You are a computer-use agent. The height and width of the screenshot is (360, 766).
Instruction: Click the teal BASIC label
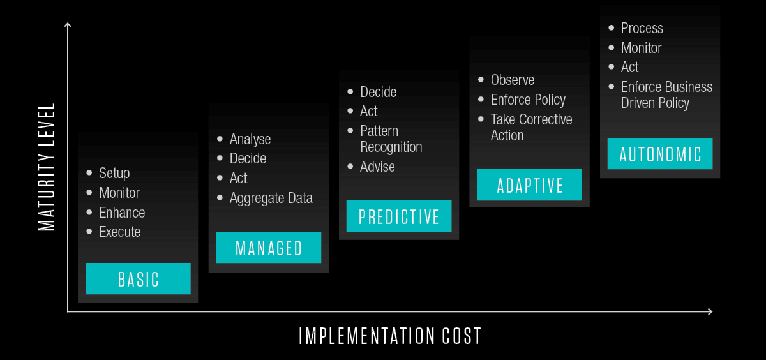[138, 279]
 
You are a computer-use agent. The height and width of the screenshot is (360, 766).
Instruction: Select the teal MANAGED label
[269, 248]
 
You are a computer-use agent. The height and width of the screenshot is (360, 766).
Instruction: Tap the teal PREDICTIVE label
[399, 216]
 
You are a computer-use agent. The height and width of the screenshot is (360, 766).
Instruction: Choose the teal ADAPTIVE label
[529, 185]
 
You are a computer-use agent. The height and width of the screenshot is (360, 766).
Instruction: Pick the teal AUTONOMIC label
[660, 153]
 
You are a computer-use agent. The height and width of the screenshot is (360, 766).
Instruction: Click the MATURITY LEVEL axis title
[46, 167]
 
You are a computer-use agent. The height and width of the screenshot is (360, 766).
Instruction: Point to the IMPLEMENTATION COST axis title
[390, 336]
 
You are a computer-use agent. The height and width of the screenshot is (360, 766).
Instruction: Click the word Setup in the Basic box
[114, 173]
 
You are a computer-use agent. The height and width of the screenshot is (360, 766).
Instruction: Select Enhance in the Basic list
[122, 213]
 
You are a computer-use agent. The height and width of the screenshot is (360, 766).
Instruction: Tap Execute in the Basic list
[120, 232]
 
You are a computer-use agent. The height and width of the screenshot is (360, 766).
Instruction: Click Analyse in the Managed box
[250, 140]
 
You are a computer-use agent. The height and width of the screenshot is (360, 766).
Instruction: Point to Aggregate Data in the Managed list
[271, 199]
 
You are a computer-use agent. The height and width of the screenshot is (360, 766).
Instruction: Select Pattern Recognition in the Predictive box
[391, 139]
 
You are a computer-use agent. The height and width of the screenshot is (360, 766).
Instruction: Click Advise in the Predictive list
[377, 167]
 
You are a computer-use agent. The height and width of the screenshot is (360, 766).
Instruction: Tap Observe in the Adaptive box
[513, 80]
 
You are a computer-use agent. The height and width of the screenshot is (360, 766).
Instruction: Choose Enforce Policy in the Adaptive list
[528, 100]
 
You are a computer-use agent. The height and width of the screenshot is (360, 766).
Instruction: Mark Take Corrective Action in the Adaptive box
[531, 127]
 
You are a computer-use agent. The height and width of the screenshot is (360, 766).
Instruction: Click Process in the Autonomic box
[642, 28]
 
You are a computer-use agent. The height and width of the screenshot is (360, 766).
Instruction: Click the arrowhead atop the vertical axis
[68, 24]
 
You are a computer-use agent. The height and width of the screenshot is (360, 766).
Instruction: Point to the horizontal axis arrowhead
[710, 311]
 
